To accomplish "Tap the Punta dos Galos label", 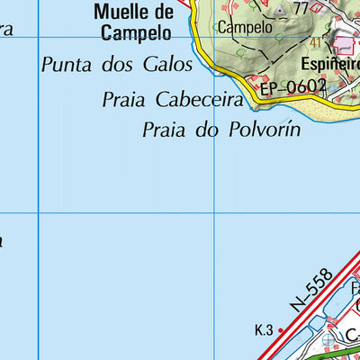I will point(117,65).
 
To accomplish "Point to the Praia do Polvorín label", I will point(220,130).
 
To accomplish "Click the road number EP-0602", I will point(292,87).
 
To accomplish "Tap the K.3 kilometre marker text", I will point(263,331).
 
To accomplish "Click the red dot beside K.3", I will point(281,331).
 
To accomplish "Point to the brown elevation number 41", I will point(316,42).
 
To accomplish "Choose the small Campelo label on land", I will point(238,27).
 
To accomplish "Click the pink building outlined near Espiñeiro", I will point(344,42).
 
